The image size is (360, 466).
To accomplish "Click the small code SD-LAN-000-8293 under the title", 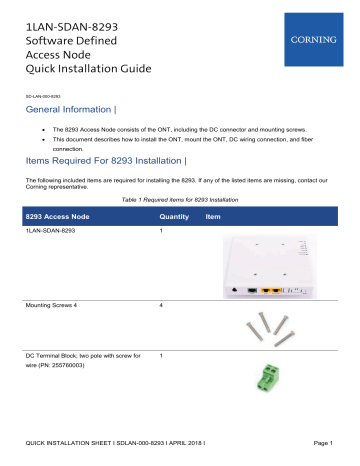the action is pyautogui.click(x=45, y=96).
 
